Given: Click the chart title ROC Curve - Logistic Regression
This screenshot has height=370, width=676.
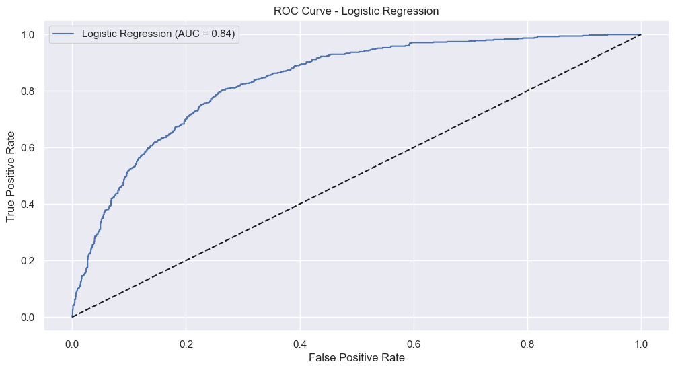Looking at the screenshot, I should point(356,11).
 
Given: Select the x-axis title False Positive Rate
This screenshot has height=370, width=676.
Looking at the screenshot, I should point(356,358).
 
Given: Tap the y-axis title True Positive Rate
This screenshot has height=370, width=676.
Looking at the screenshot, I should point(11,176).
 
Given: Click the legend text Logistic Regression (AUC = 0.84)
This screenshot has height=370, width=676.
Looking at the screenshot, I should point(158,34).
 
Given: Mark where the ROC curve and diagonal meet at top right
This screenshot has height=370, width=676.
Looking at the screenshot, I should point(640,34).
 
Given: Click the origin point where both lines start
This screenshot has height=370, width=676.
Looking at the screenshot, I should point(72,317).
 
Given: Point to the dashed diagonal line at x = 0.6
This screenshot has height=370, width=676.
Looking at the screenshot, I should point(413,147).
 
